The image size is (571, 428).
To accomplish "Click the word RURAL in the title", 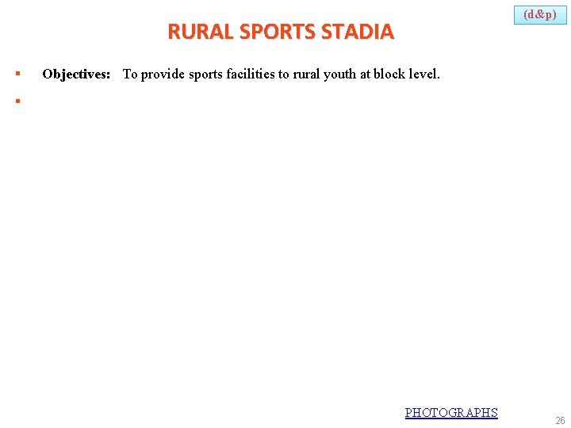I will (190, 32).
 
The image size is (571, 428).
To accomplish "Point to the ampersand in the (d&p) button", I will (540, 14).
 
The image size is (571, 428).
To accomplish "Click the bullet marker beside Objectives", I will (17, 75).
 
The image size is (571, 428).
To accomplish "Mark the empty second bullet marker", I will (17, 101).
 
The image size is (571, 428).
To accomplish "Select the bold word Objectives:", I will (76, 75).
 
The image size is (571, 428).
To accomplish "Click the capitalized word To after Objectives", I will (130, 75).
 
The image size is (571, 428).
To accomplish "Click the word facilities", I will (251, 75).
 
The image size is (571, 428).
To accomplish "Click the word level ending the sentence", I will (425, 75).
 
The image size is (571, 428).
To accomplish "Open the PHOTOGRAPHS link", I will (451, 412).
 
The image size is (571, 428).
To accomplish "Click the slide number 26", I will (559, 421).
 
